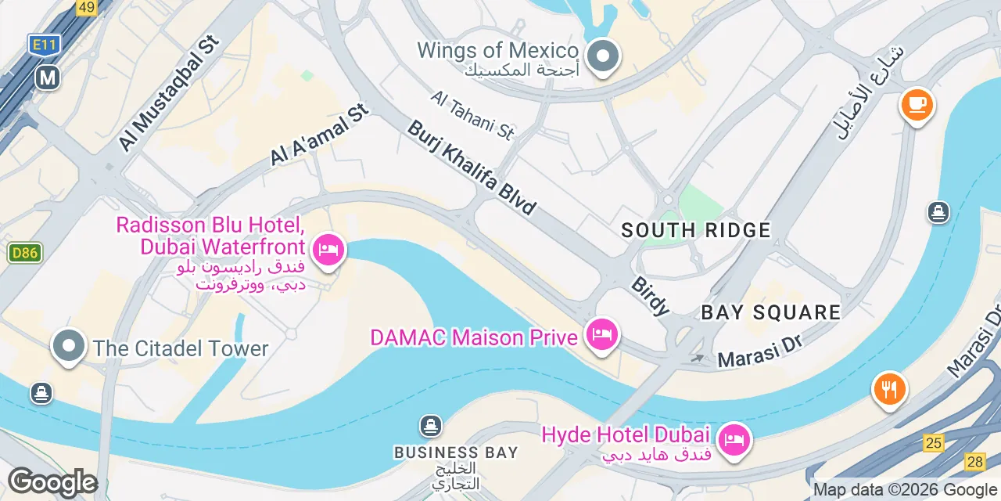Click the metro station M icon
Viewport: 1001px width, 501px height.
(48, 77)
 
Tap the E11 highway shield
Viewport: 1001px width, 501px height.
(45, 45)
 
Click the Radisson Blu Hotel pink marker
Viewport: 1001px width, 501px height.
(328, 251)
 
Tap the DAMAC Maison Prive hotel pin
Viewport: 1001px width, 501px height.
(601, 336)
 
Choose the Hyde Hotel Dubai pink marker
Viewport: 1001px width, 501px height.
(734, 439)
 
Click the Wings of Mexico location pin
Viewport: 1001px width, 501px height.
(603, 57)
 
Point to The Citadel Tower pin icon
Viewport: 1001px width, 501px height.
(69, 346)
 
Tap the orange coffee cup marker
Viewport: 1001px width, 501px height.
(917, 104)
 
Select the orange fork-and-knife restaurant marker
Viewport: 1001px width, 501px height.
(889, 388)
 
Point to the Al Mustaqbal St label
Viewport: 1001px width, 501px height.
(167, 94)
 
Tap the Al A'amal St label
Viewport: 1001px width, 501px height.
(319, 136)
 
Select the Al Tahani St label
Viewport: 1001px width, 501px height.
(472, 115)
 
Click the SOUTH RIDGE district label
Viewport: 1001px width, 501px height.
(696, 230)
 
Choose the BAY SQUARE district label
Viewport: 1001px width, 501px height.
(770, 312)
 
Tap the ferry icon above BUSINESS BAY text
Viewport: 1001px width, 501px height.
(430, 427)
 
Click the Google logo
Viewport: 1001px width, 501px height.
(52, 482)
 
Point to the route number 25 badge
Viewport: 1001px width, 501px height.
(933, 443)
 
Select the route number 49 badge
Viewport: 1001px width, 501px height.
(87, 8)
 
